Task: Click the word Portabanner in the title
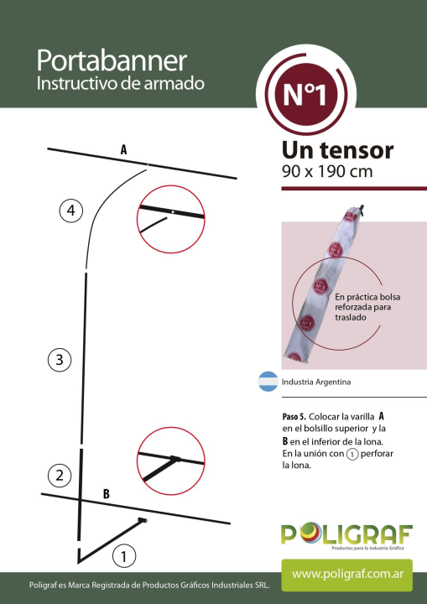pyautogui.click(x=112, y=61)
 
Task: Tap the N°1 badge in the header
pyautogui.click(x=306, y=94)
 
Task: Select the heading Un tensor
pyautogui.click(x=337, y=150)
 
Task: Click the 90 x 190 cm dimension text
pyautogui.click(x=327, y=171)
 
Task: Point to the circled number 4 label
pyautogui.click(x=71, y=211)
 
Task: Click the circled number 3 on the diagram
pyautogui.click(x=60, y=360)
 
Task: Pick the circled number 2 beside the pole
pyautogui.click(x=60, y=476)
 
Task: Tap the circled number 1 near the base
pyautogui.click(x=123, y=556)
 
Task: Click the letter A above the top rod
pyautogui.click(x=123, y=149)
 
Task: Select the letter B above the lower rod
pyautogui.click(x=107, y=493)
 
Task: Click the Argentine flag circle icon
pyautogui.click(x=268, y=382)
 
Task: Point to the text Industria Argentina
pyautogui.click(x=316, y=383)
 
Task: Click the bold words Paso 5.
pyautogui.click(x=294, y=417)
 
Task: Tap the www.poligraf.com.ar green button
pyautogui.click(x=346, y=575)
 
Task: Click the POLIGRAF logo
pyautogui.click(x=346, y=535)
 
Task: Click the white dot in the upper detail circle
pyautogui.click(x=173, y=212)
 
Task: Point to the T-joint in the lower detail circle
pyautogui.click(x=174, y=459)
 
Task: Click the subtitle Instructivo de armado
pyautogui.click(x=120, y=83)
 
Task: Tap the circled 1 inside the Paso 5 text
pyautogui.click(x=351, y=454)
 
